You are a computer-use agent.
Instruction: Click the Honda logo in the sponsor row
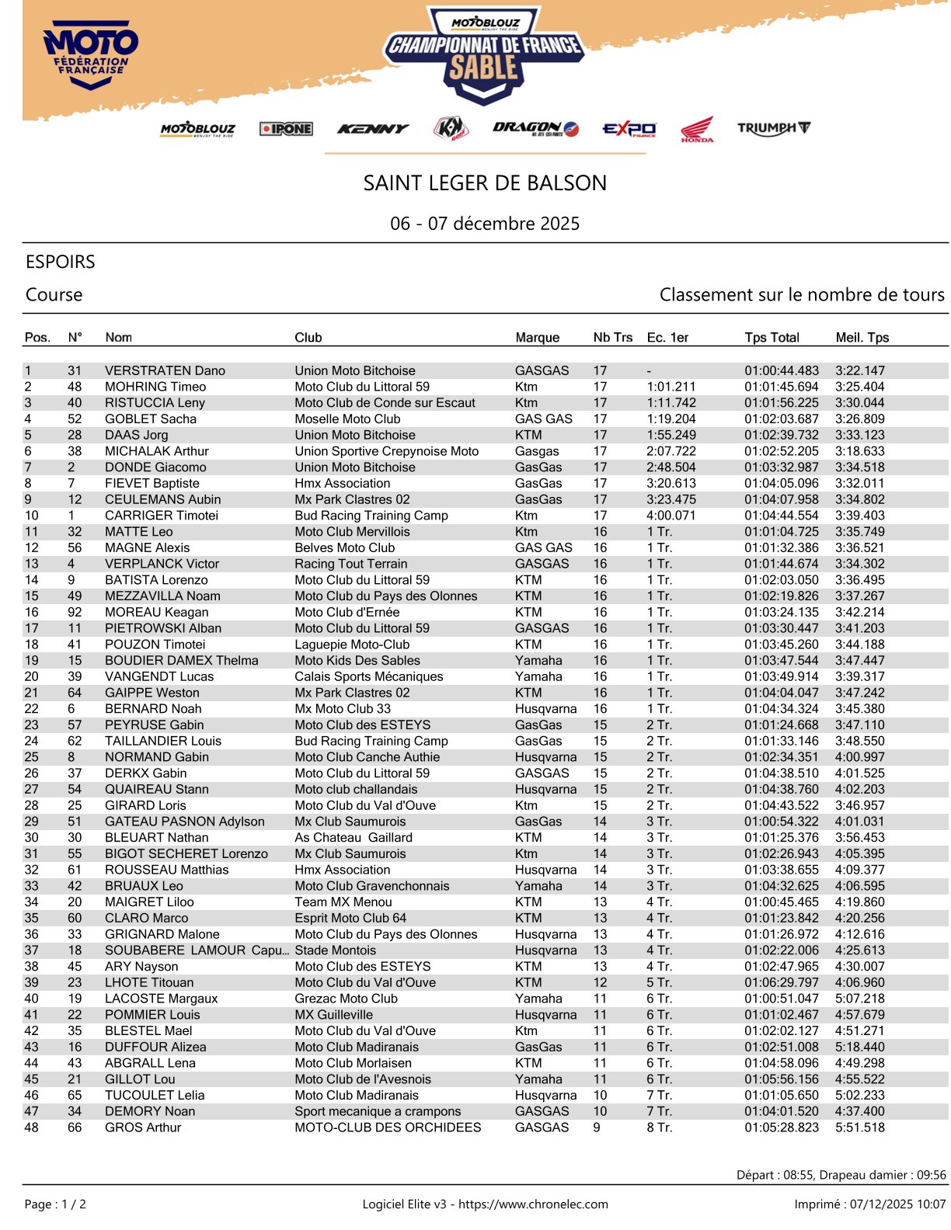[x=697, y=130]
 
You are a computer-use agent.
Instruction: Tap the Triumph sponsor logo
[x=774, y=128]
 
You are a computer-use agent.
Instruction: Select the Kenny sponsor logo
[x=373, y=129]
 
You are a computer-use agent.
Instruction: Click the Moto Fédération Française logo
[x=91, y=55]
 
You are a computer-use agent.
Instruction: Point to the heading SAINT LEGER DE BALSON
[x=485, y=183]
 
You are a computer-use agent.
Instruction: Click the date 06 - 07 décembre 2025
[x=485, y=224]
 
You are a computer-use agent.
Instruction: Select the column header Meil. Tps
[x=862, y=337]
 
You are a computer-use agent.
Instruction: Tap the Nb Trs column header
[x=612, y=337]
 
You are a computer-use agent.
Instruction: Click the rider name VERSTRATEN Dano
[x=165, y=370]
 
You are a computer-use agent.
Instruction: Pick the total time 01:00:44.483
[x=781, y=370]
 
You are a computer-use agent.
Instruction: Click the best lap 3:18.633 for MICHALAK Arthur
[x=859, y=451]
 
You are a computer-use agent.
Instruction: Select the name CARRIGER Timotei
[x=162, y=516]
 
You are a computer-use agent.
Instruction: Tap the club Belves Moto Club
[x=344, y=547]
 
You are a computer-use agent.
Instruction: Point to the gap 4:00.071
[x=671, y=516]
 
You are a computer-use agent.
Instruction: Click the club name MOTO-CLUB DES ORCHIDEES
[x=388, y=1127]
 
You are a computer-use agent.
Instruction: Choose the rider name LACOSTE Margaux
[x=161, y=999]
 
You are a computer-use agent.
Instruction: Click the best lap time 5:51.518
[x=859, y=1127]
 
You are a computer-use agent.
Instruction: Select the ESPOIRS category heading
[x=61, y=262]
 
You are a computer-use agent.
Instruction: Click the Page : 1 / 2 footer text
[x=55, y=1204]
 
